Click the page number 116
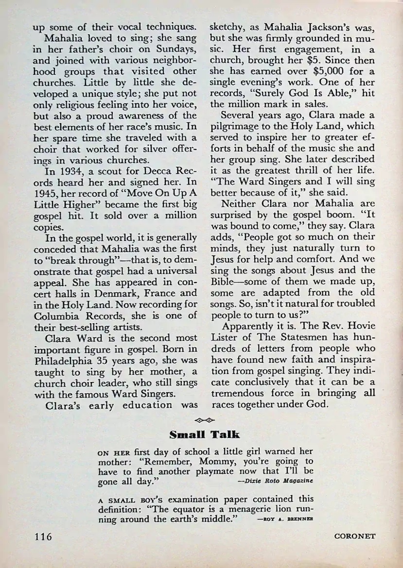tap(43, 536)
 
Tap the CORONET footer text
tap(355, 536)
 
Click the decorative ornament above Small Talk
tap(205, 419)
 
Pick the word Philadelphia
tap(65, 360)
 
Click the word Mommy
tap(210, 461)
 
